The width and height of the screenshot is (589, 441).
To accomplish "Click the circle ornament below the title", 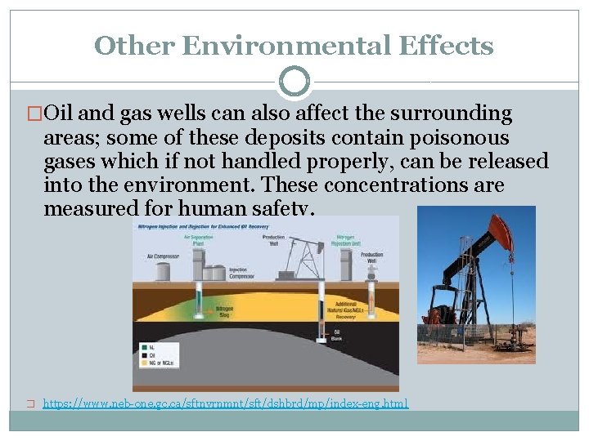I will click(294, 82).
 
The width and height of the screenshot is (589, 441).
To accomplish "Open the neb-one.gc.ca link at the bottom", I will click(225, 403).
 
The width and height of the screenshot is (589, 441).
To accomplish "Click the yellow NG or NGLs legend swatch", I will click(142, 363).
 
